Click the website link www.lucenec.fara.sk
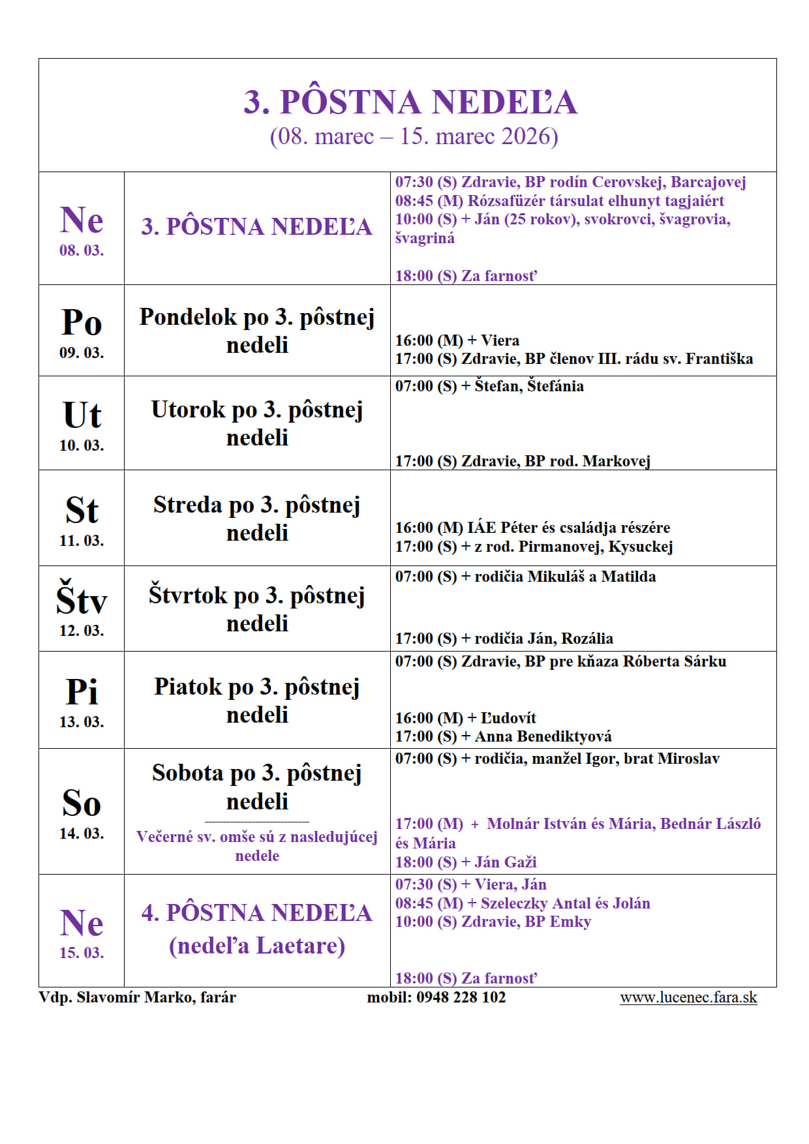tap(688, 997)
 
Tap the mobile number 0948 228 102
tap(461, 997)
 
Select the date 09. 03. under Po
tap(82, 353)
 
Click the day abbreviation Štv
tap(82, 599)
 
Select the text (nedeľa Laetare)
tap(257, 945)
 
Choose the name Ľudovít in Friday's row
tap(508, 718)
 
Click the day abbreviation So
tap(82, 803)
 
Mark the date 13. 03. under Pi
tap(82, 722)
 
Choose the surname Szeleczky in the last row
tap(513, 903)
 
